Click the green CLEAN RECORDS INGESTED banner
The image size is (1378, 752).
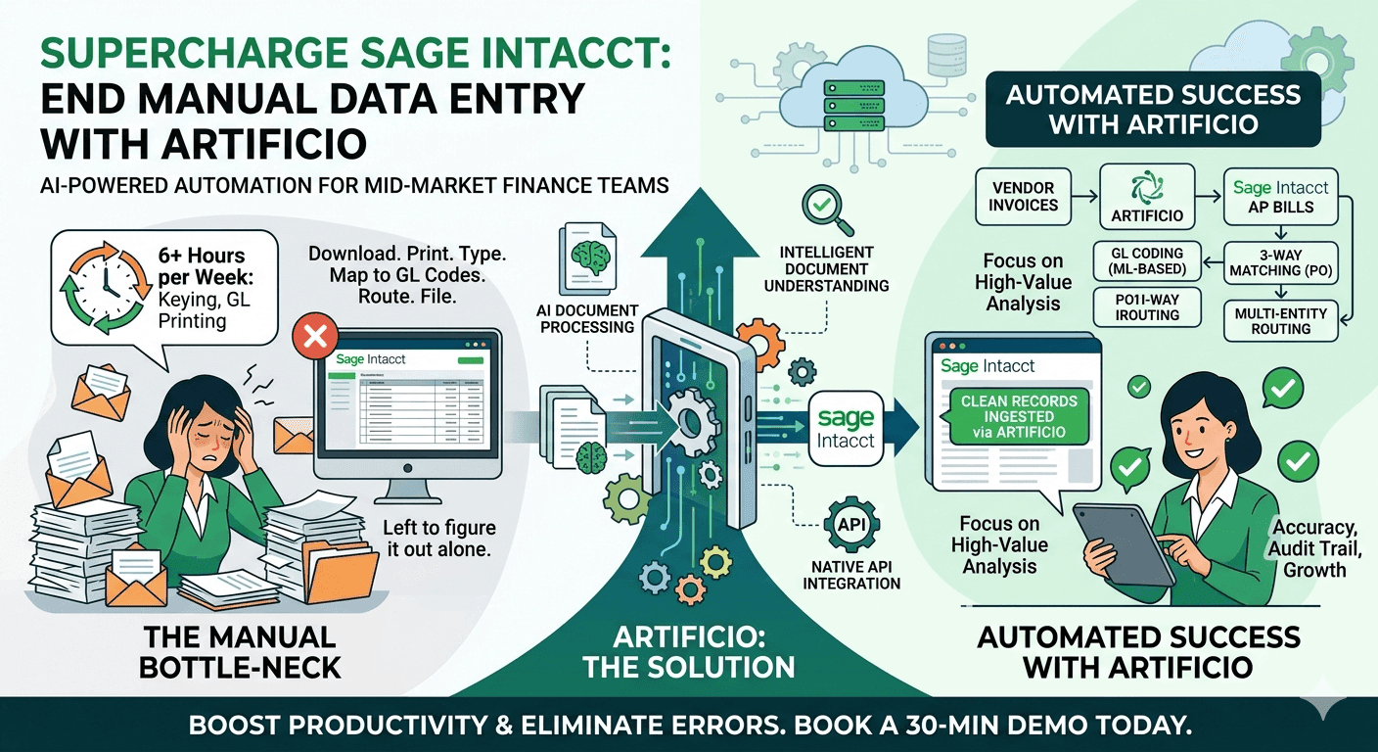(1019, 416)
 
